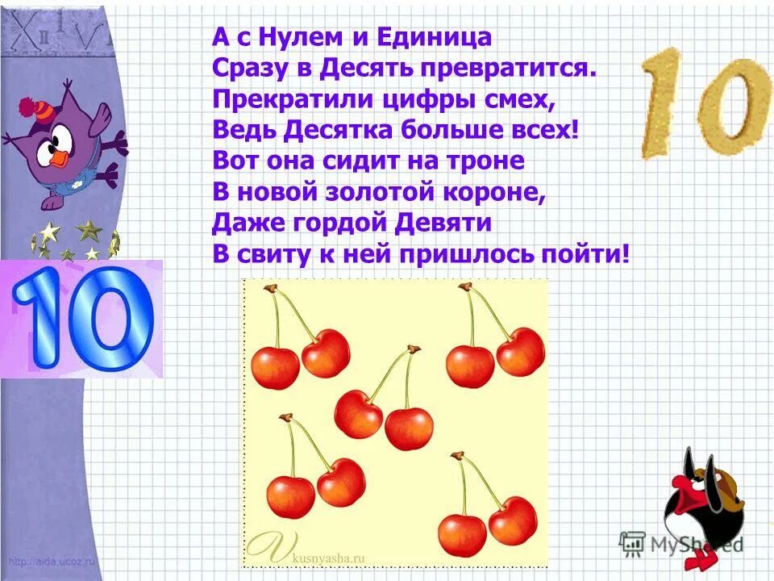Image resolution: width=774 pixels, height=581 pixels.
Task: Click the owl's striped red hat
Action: (32, 107)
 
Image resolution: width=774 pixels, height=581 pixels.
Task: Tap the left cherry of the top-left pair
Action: (275, 367)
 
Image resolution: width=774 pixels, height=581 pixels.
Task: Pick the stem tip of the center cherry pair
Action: (414, 349)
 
